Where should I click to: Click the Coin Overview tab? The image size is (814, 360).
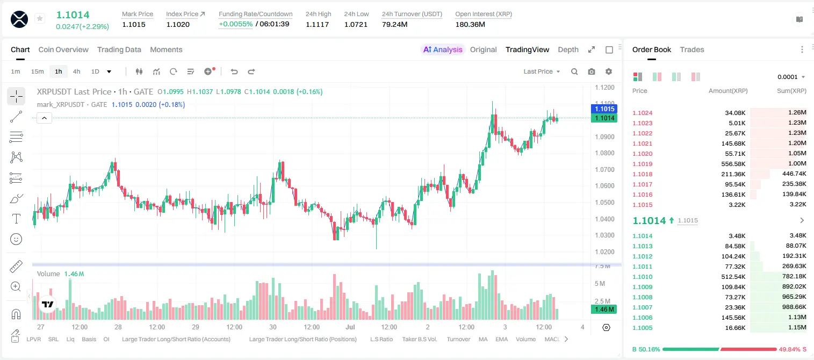(63, 49)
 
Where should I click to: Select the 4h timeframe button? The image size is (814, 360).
(76, 71)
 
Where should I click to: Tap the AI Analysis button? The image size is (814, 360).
(443, 49)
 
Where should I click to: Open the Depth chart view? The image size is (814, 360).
(568, 49)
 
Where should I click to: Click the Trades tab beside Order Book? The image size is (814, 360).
(692, 49)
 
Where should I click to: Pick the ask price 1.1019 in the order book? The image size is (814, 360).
(643, 164)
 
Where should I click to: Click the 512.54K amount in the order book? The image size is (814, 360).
(733, 277)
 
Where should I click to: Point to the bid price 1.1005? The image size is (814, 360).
(643, 328)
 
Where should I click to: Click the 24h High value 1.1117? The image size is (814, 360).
(317, 24)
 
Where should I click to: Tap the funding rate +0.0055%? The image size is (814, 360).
(235, 24)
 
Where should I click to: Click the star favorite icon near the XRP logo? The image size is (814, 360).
(40, 18)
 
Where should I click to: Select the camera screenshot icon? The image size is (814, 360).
(592, 71)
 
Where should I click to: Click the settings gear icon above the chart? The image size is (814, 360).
(609, 71)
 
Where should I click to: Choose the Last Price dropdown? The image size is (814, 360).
(542, 71)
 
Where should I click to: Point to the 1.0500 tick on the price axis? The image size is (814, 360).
(604, 203)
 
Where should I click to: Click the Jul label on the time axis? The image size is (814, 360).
(350, 327)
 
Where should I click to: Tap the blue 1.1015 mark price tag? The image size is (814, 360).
(604, 109)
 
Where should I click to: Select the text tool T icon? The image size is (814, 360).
(16, 219)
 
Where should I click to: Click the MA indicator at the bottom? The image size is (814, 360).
(483, 339)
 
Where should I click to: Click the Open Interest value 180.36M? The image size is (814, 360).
(470, 24)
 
